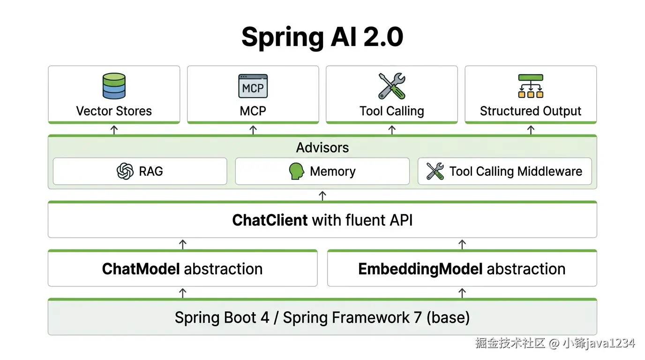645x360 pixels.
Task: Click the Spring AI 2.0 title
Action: [x=322, y=37]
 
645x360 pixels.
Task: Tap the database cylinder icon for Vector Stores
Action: [x=114, y=86]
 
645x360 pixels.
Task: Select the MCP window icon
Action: [x=253, y=86]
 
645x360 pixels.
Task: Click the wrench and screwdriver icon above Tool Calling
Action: [x=391, y=86]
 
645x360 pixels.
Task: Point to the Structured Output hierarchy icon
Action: [x=531, y=86]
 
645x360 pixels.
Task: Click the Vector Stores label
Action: [x=114, y=111]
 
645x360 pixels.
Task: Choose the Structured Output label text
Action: [x=531, y=111]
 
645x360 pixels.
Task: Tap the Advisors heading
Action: [x=322, y=148]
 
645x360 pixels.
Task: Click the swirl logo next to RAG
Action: [x=125, y=171]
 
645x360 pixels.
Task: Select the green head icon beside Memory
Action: [x=296, y=171]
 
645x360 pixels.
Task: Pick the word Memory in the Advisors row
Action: [x=333, y=172]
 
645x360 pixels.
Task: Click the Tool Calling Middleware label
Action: [x=516, y=172]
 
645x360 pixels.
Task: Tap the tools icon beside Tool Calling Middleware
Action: [x=435, y=171]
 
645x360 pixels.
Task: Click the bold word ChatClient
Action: [x=270, y=220]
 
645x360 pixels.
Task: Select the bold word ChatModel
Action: [x=141, y=269]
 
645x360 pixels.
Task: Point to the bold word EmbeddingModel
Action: [x=420, y=269]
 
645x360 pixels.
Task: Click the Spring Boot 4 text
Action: [x=222, y=318]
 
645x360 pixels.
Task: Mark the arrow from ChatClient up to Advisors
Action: [x=322, y=195]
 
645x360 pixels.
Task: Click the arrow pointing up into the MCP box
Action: [x=253, y=130]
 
